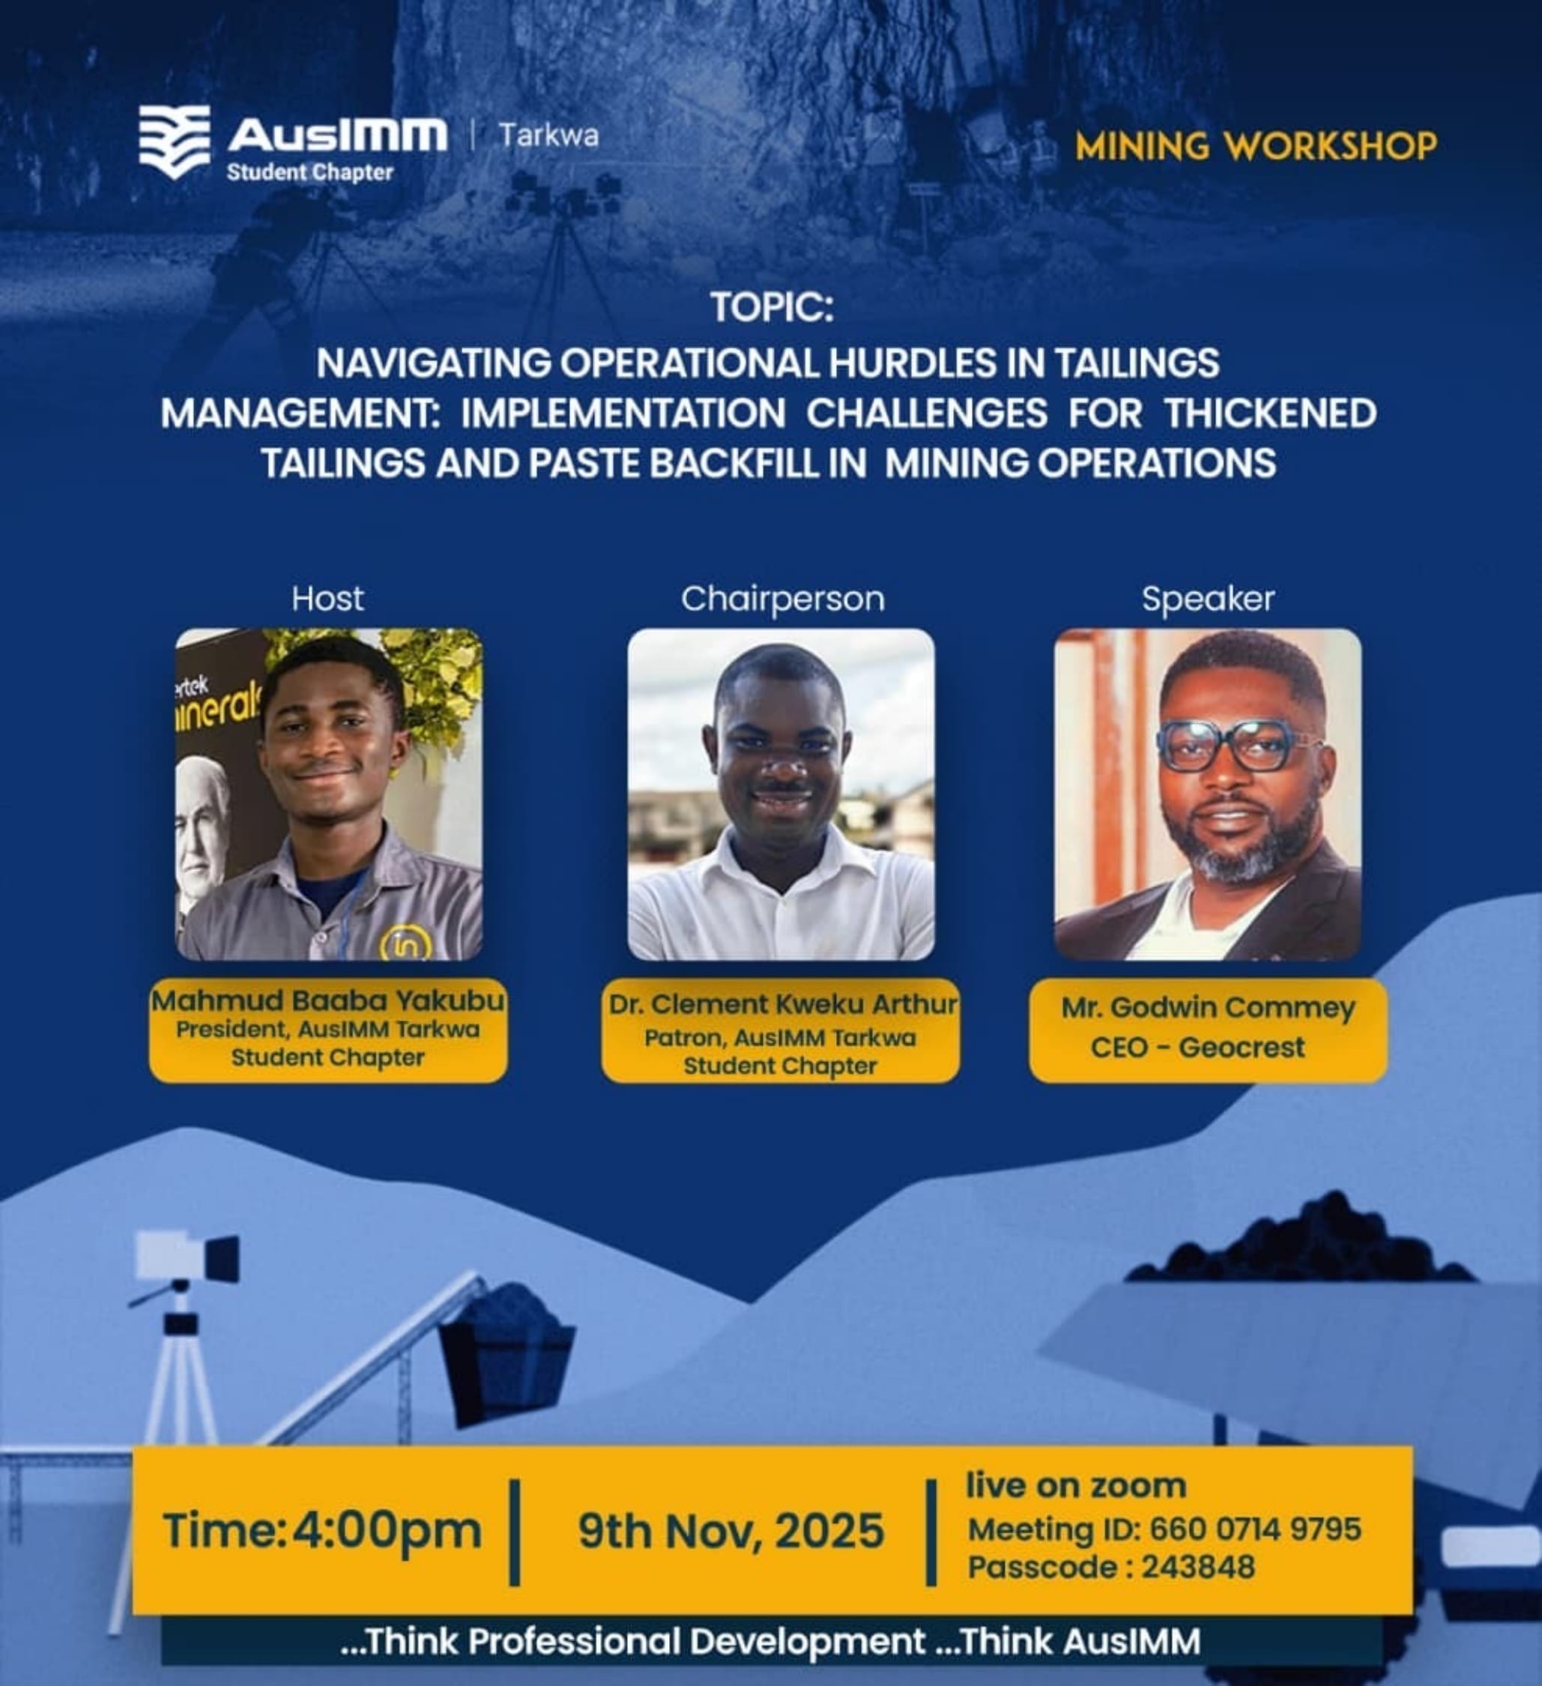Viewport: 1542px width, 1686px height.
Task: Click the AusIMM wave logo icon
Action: coord(174,142)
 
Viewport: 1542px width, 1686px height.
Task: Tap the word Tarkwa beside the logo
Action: coord(548,136)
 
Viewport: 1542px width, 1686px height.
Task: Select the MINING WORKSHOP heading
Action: coord(1256,146)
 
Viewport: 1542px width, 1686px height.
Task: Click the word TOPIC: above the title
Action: coord(771,308)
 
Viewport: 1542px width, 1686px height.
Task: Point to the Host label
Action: coord(327,599)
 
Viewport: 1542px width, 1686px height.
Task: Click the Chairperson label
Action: coord(782,599)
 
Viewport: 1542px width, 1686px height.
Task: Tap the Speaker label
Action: coord(1208,599)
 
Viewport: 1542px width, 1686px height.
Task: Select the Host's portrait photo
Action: coord(329,794)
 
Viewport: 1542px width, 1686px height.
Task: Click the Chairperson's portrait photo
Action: coord(781,794)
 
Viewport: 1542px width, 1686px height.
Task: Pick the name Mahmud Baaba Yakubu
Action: coord(327,1000)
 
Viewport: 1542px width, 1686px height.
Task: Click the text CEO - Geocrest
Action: coord(1197,1047)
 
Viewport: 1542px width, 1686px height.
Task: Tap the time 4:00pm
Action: coord(387,1530)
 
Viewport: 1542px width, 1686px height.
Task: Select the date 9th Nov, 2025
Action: coord(731,1530)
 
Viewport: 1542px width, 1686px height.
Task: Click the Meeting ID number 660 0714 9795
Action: coord(1255,1529)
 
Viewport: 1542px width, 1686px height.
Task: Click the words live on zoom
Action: coord(1076,1486)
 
